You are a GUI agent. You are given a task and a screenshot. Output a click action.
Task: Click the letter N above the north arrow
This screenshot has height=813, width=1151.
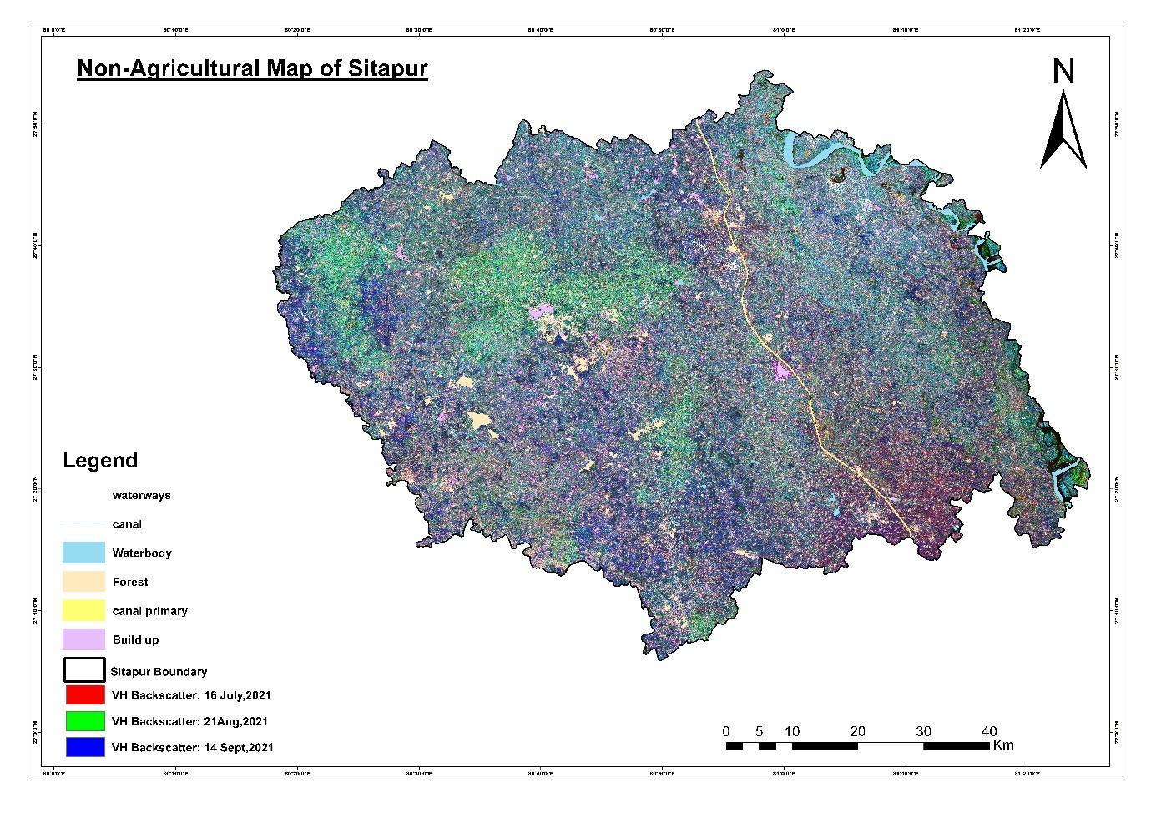pyautogui.click(x=1063, y=72)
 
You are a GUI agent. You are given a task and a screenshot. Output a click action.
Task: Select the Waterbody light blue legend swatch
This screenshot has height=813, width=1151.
pyautogui.click(x=83, y=553)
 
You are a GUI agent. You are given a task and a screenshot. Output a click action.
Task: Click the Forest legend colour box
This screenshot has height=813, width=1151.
pyautogui.click(x=83, y=582)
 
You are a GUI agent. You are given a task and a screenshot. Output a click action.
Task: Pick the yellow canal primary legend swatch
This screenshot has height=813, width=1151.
pyautogui.click(x=83, y=610)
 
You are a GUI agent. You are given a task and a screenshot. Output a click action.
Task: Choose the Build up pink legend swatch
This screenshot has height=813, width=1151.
pyautogui.click(x=83, y=639)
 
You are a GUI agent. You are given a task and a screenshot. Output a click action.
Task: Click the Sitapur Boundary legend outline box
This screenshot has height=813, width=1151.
pyautogui.click(x=83, y=670)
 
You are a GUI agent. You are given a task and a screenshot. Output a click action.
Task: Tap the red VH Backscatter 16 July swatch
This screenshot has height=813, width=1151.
pyautogui.click(x=85, y=695)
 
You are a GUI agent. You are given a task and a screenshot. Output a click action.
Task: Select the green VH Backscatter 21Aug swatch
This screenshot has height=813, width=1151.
pyautogui.click(x=85, y=721)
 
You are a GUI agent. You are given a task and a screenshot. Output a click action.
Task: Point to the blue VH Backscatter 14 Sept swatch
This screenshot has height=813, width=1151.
pyautogui.click(x=85, y=747)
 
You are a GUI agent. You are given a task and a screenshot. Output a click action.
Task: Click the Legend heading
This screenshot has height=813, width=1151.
pyautogui.click(x=100, y=461)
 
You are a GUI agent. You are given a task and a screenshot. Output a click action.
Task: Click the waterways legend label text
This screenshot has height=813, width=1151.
pyautogui.click(x=141, y=495)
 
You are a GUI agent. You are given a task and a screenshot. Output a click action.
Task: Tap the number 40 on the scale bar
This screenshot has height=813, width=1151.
pyautogui.click(x=988, y=731)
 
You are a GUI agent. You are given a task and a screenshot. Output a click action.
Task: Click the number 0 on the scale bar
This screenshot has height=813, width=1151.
pyautogui.click(x=726, y=731)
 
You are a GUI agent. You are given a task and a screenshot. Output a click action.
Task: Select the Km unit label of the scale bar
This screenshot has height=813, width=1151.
pyautogui.click(x=1003, y=745)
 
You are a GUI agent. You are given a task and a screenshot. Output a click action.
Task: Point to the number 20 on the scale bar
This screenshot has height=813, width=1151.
pyautogui.click(x=857, y=731)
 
